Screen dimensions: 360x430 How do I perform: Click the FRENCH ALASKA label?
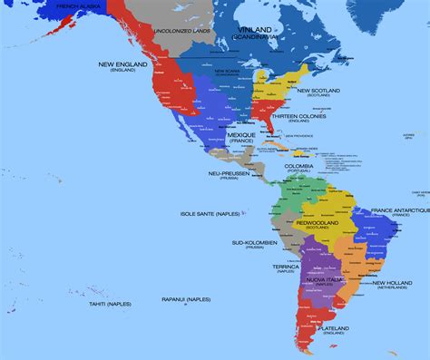[x=78, y=6]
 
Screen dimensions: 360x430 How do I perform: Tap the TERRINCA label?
[x=286, y=267]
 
